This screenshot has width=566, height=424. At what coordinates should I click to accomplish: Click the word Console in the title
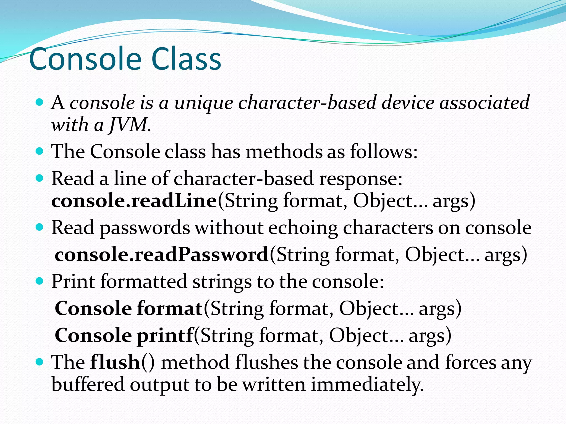coord(85,59)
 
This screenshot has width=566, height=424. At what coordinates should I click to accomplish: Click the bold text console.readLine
coord(134,201)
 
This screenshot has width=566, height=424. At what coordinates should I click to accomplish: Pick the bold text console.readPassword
coord(161,255)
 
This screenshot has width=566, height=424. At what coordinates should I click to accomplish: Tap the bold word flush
coord(115,362)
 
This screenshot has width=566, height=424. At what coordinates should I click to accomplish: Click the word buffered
coord(88,385)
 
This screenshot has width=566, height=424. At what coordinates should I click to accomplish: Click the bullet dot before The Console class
coord(40,151)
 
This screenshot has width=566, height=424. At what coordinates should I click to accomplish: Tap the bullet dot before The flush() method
coord(40,362)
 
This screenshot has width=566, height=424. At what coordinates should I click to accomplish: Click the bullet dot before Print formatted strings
coord(40,281)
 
